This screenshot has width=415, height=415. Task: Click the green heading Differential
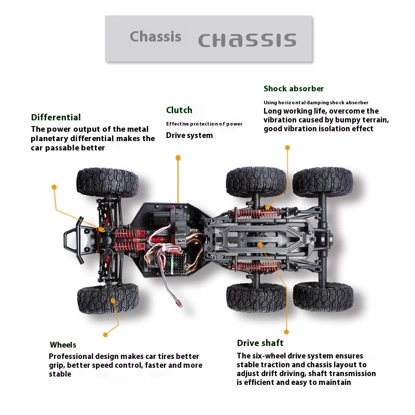click(56, 117)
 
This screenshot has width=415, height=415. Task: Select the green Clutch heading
click(179, 110)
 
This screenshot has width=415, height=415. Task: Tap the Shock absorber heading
click(294, 89)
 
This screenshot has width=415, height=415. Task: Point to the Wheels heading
click(63, 345)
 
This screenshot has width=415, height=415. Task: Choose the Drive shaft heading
click(260, 343)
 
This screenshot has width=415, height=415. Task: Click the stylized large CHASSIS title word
click(247, 40)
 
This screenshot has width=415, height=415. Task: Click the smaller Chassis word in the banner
click(156, 36)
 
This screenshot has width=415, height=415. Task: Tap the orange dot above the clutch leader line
click(178, 158)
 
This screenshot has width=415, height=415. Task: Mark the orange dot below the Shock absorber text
click(287, 147)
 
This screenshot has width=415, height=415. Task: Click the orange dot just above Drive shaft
click(286, 332)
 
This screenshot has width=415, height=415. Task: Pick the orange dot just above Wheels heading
click(105, 335)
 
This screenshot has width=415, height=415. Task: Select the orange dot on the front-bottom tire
click(113, 301)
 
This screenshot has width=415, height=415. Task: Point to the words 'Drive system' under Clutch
click(189, 135)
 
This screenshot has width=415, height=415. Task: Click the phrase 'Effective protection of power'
click(204, 124)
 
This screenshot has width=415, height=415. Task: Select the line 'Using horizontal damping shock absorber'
click(316, 103)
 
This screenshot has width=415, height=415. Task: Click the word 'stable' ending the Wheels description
click(60, 374)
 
